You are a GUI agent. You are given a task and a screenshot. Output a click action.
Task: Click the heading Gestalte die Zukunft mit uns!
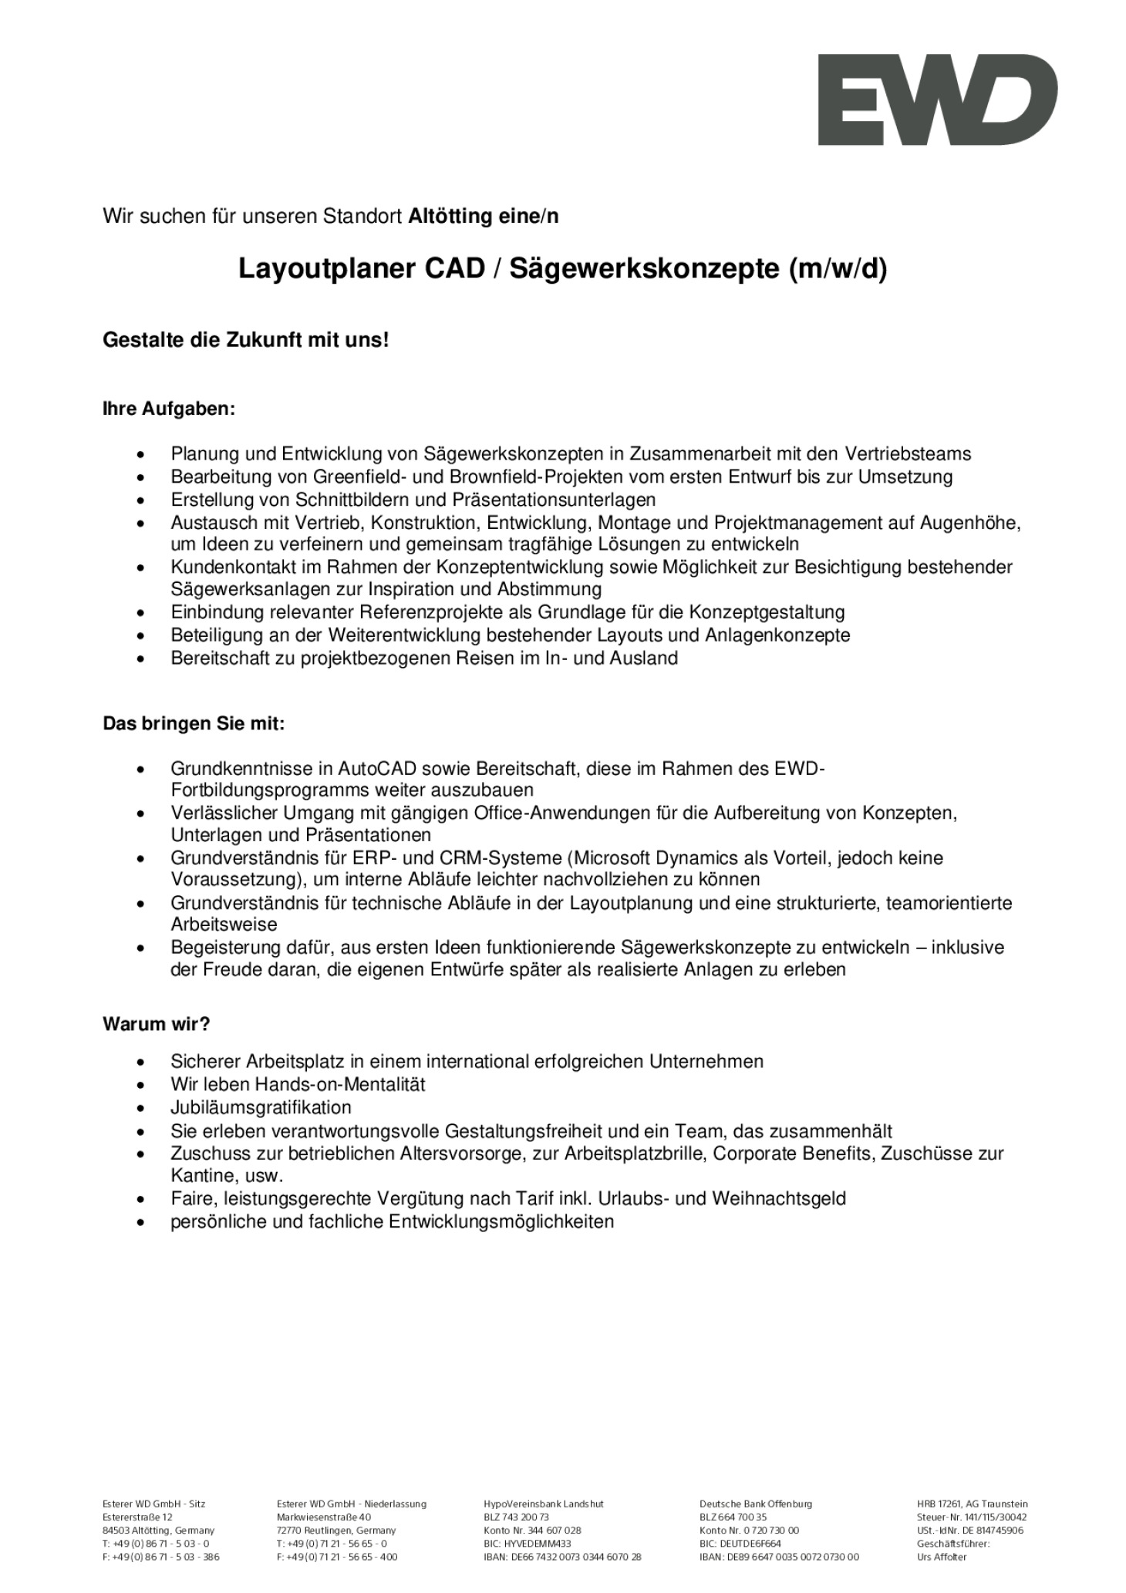pos(246,339)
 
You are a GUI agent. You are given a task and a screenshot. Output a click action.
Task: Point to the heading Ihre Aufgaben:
pos(168,409)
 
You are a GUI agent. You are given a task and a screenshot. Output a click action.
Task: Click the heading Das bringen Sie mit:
pos(194,724)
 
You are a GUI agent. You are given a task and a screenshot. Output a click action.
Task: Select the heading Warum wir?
pos(157,1024)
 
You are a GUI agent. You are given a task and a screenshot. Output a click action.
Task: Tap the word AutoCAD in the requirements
pos(377,769)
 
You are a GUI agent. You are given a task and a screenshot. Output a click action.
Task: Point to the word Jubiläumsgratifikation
pos(261,1107)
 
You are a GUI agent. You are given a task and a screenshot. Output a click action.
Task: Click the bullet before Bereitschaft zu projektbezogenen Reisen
pos(140,659)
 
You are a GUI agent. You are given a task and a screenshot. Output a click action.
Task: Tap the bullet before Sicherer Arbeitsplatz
pos(140,1063)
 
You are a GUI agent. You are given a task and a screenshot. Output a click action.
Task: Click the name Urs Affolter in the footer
pos(941,1557)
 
